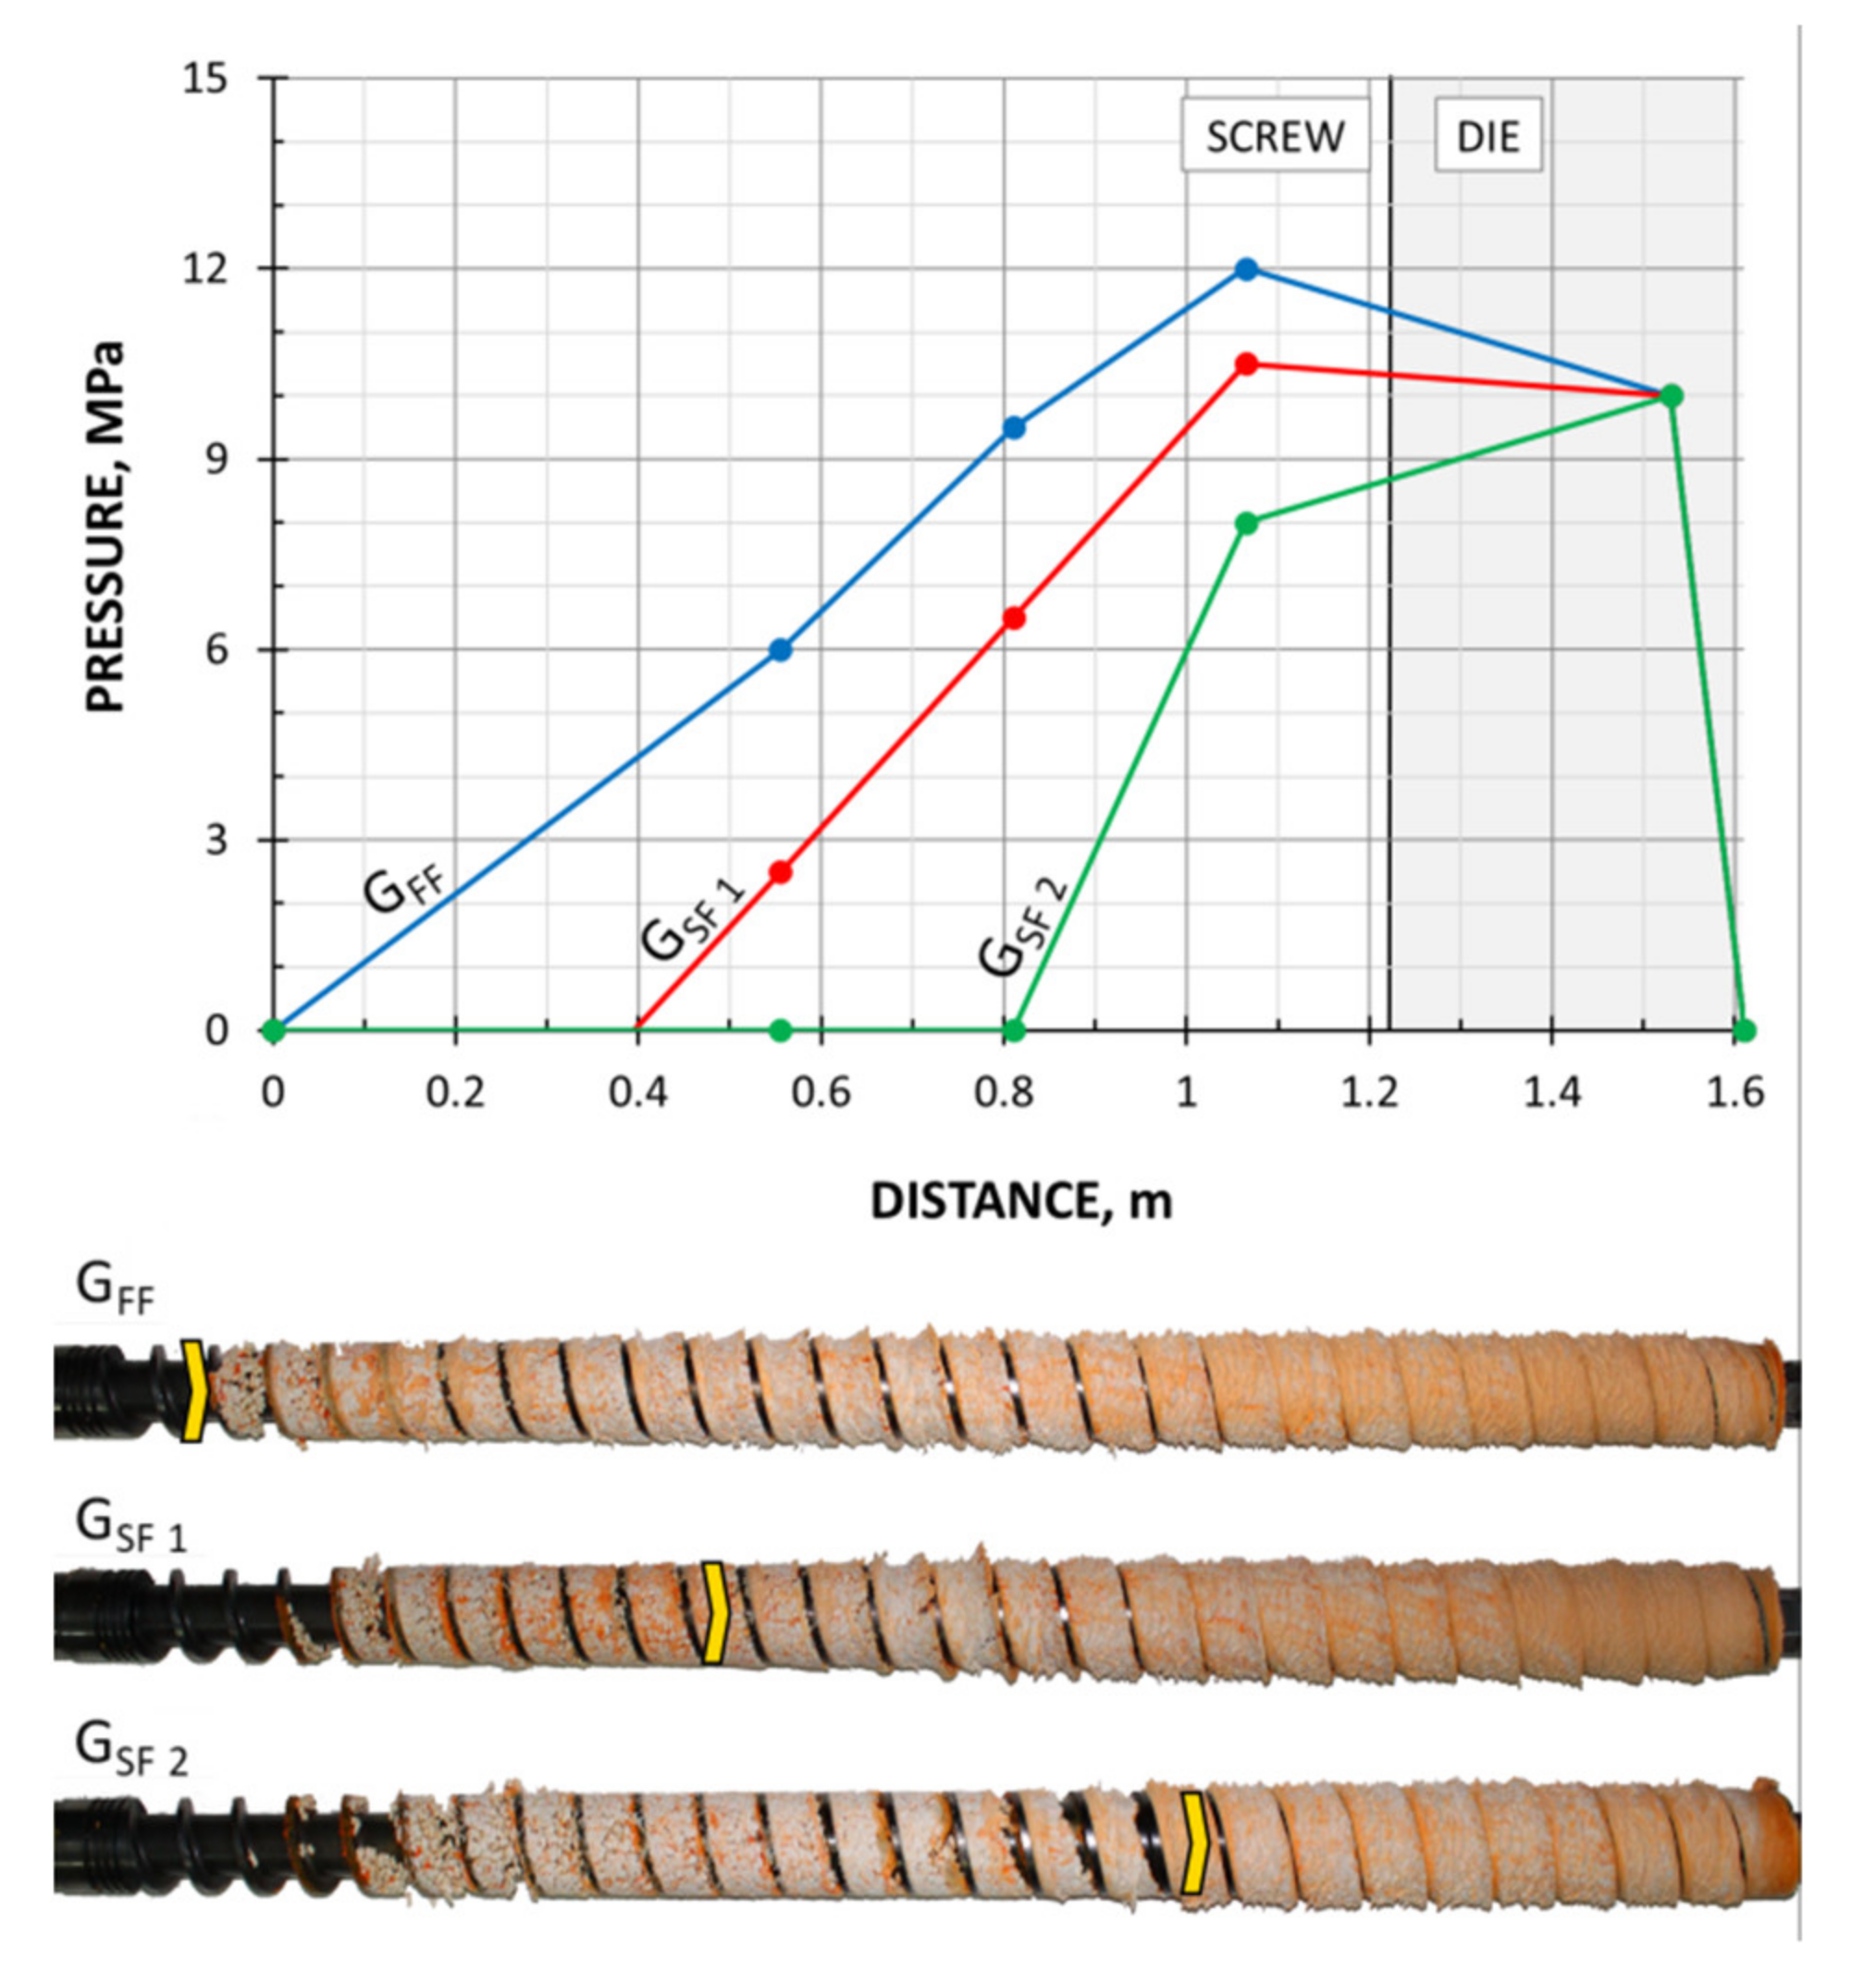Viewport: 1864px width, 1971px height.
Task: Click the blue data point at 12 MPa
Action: pyautogui.click(x=1246, y=269)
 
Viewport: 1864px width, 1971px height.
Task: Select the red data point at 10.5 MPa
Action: pyautogui.click(x=1246, y=364)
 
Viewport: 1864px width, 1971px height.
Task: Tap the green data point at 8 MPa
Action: pyautogui.click(x=1246, y=524)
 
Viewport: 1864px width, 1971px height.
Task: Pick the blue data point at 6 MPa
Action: pyautogui.click(x=780, y=649)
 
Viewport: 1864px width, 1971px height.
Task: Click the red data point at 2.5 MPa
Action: pyautogui.click(x=780, y=872)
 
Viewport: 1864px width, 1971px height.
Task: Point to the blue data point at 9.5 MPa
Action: pyautogui.click(x=1014, y=428)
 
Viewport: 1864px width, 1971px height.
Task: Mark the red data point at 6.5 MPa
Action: pyautogui.click(x=1014, y=618)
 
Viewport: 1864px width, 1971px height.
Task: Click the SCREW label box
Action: pyautogui.click(x=1275, y=135)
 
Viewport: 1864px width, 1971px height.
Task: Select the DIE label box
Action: pyautogui.click(x=1487, y=135)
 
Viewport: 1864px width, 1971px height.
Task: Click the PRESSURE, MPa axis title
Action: pyautogui.click(x=105, y=526)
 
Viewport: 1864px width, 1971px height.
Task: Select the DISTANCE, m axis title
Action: pyautogui.click(x=1020, y=1202)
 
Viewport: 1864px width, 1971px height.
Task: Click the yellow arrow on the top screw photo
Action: pyautogui.click(x=192, y=1390)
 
